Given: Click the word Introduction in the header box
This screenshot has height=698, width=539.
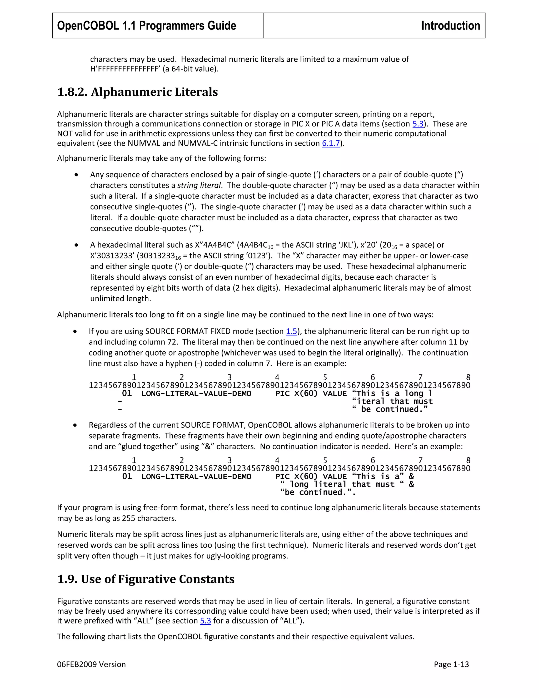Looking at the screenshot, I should tap(450, 26).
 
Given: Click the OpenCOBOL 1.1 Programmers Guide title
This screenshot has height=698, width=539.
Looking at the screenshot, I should tap(147, 26).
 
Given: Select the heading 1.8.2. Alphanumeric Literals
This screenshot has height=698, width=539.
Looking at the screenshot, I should tap(137, 92).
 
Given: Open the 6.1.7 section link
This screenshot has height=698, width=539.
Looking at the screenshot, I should tap(331, 143).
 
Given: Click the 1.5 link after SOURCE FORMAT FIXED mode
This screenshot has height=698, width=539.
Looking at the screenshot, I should tap(291, 331).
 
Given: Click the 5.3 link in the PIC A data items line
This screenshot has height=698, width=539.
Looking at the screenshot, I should tap(418, 124).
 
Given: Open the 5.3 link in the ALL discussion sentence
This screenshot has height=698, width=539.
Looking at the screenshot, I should tap(205, 621).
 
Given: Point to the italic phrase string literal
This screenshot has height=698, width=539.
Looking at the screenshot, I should tap(199, 185).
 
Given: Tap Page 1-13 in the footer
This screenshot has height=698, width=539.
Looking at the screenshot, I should tap(451, 665).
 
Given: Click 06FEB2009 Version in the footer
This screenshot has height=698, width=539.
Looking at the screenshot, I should tap(91, 665).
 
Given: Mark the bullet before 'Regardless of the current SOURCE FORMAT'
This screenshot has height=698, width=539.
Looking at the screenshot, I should tap(75, 425).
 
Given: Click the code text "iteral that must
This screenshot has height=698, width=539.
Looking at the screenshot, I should tap(392, 401).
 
